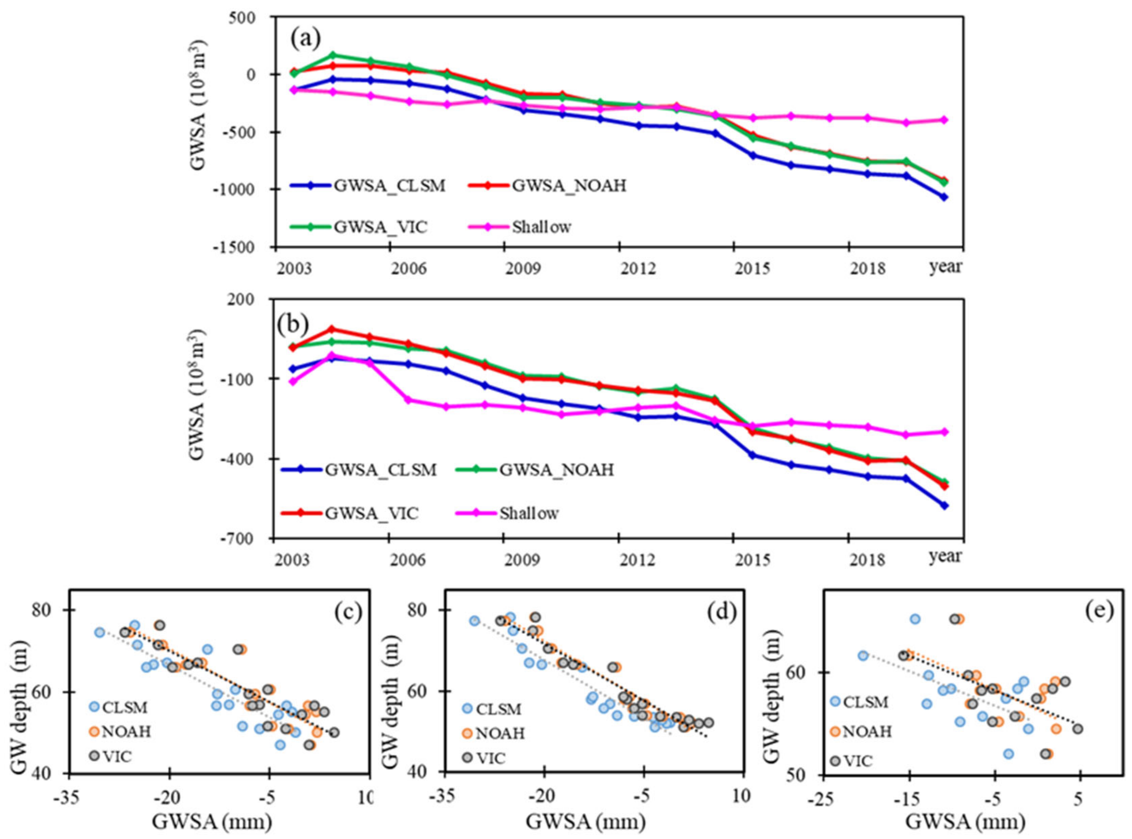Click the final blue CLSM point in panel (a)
pos(944,197)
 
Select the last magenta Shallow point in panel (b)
pos(944,432)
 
